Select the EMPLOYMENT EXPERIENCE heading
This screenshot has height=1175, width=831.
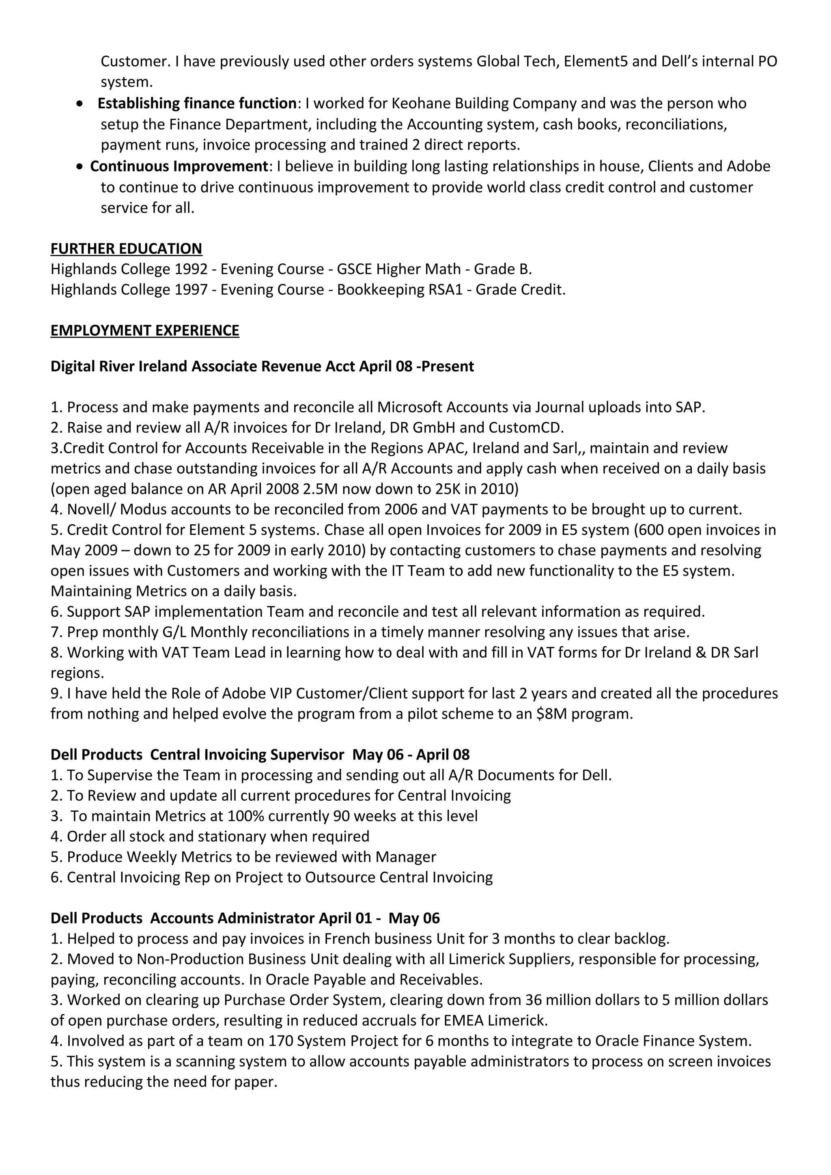click(x=144, y=330)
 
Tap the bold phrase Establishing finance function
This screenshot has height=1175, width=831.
click(x=197, y=103)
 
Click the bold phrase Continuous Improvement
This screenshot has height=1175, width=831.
click(x=179, y=166)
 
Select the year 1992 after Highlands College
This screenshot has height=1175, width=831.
click(x=191, y=269)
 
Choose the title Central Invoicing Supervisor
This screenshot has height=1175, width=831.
click(x=247, y=755)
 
